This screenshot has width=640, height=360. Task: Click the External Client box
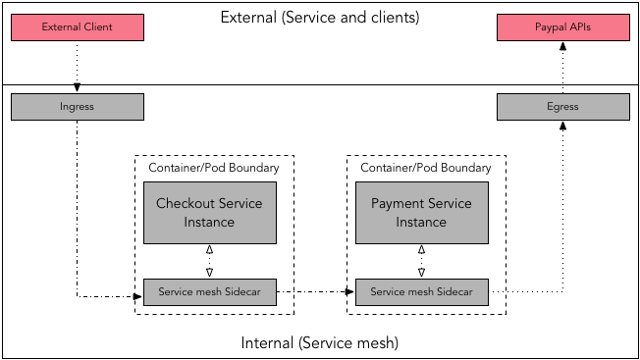point(78,27)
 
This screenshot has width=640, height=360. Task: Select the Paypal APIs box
point(562,27)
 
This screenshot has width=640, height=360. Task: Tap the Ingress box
point(78,106)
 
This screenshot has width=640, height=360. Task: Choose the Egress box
point(562,106)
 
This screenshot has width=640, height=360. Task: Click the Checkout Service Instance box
point(209,213)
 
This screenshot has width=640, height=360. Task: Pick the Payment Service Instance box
point(421,213)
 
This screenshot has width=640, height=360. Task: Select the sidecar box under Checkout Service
point(209,292)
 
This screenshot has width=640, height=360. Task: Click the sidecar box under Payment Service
point(421,292)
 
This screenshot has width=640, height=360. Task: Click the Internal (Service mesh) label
point(319,343)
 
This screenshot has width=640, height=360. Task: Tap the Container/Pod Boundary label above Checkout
point(213,168)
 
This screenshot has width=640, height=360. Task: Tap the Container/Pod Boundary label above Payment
point(425,168)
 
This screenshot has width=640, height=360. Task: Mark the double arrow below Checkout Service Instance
point(209,262)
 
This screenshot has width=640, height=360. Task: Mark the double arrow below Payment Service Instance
point(421,262)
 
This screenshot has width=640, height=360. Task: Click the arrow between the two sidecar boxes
point(314,292)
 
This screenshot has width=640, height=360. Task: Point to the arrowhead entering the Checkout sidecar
point(138,293)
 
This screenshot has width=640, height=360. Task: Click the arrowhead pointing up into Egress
point(562,125)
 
